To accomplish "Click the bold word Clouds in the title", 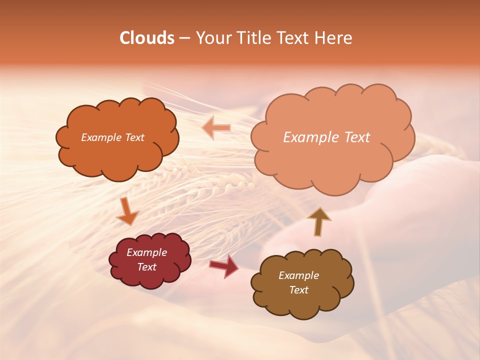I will pos(146,38).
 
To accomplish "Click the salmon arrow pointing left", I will pos(216,128).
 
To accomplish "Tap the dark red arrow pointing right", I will pos(224,266).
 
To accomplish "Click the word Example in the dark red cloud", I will pos(146,252).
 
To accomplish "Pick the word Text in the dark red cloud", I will pos(146,267).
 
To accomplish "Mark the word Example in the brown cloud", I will pos(298,275).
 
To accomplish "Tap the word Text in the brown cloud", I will pos(298,290).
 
